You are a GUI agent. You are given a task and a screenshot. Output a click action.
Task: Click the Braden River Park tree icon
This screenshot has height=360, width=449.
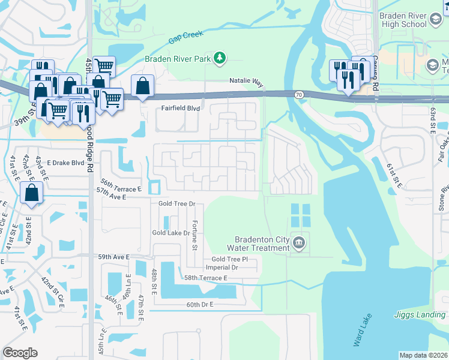pos(220,58)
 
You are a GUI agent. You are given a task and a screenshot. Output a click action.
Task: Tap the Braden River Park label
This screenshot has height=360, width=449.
pos(178,59)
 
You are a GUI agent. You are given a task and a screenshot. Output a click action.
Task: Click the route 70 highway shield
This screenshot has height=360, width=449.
pos(298,94)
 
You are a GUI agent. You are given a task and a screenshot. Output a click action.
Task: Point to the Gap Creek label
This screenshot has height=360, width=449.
pos(183,38)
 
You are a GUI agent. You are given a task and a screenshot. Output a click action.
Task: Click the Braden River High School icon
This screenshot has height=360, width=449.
pos(435,20)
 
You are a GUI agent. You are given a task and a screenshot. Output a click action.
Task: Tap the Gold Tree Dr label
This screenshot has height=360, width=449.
pos(177,204)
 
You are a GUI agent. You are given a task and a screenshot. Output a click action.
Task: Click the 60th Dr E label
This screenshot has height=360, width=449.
pos(200,305)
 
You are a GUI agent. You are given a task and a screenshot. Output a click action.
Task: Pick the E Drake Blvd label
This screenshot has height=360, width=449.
pos(65,163)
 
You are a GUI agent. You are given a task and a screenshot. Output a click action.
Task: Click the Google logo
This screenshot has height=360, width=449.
pos(20,353)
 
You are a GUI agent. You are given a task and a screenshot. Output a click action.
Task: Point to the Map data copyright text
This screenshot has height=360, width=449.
pos(423,355)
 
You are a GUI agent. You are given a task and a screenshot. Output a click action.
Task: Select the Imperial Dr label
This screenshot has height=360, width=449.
pos(222,268)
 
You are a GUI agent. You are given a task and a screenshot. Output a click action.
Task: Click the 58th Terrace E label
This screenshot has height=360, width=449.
pos(206,278)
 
